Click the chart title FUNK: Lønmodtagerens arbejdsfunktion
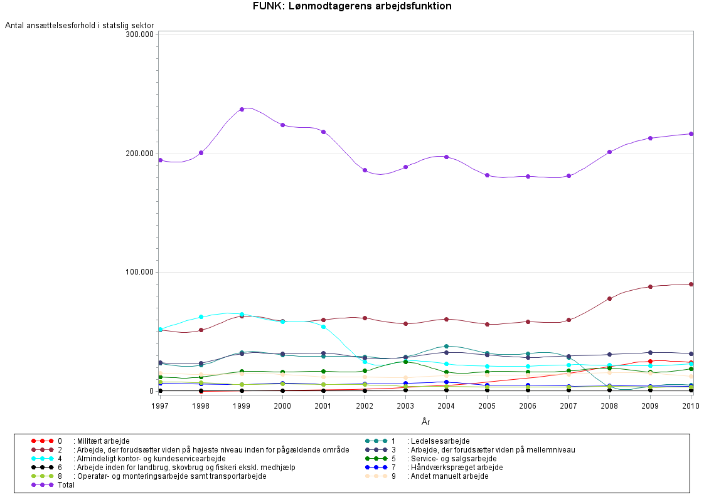(352, 6)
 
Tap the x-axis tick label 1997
(161, 407)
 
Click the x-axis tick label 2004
(446, 407)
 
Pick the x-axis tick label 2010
(691, 407)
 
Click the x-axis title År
(425, 422)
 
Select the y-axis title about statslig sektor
(80, 25)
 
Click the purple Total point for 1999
(242, 109)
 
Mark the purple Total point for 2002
(365, 170)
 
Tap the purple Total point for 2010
(691, 133)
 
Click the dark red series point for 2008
(609, 298)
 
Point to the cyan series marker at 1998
(201, 317)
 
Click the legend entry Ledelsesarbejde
(438, 441)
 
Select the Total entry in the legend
(65, 485)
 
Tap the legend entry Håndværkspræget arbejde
(454, 468)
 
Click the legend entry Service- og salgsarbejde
(451, 459)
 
